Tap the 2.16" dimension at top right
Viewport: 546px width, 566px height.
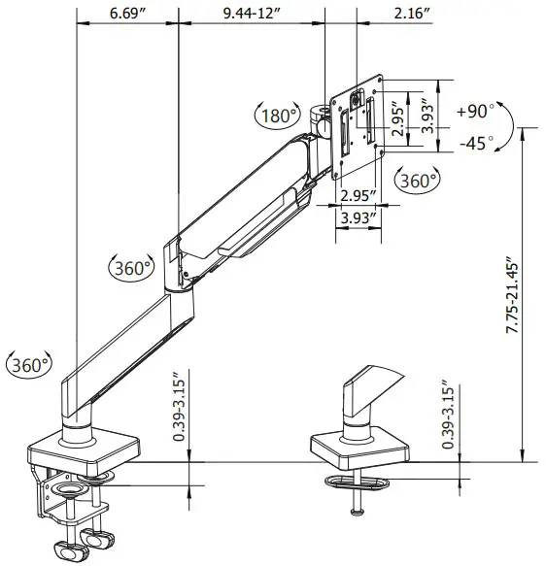[412, 14]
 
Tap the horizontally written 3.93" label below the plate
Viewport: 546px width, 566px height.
[358, 218]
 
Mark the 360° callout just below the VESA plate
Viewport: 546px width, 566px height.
[418, 180]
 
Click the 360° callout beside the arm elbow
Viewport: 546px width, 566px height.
[130, 267]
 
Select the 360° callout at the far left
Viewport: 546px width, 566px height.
[29, 364]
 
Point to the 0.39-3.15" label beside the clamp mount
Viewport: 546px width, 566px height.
[178, 409]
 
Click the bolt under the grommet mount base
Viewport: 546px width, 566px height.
[358, 500]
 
